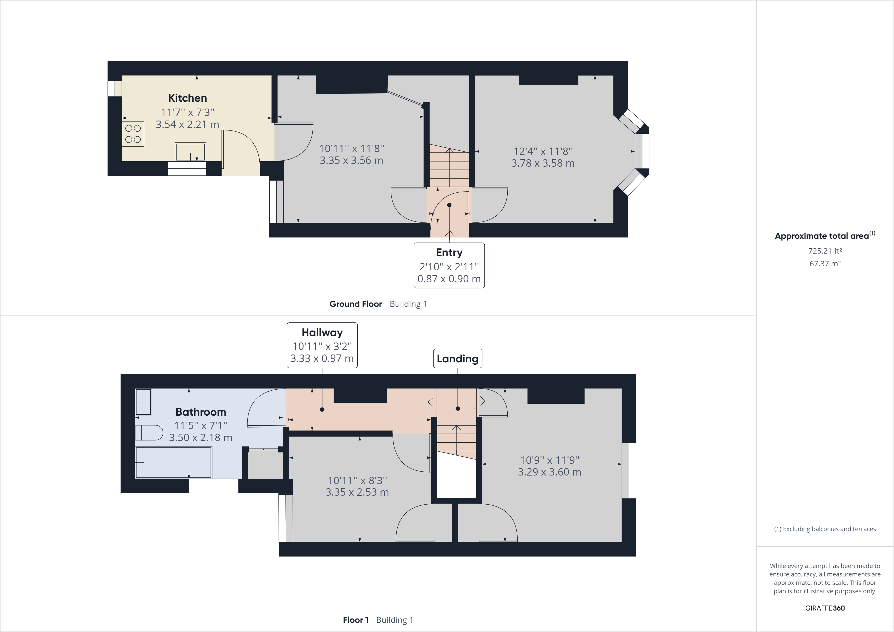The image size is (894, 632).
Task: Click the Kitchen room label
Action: click(187, 98)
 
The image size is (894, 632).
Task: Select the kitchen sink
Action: click(190, 152)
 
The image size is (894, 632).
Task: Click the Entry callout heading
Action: click(449, 253)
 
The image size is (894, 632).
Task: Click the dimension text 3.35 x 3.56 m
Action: click(351, 161)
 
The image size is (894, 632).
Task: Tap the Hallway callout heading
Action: click(322, 333)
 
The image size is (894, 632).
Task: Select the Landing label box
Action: click(457, 359)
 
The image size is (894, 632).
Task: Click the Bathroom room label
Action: click(201, 412)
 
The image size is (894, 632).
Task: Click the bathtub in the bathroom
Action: click(174, 463)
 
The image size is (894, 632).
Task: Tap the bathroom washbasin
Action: click(143, 402)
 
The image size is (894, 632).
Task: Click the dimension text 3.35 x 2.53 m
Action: click(357, 492)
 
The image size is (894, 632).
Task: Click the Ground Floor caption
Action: click(356, 304)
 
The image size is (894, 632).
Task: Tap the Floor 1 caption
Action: click(356, 620)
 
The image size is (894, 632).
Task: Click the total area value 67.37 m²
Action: click(825, 264)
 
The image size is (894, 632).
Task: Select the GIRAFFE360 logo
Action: click(825, 608)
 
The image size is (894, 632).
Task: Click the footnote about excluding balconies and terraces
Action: click(825, 529)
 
